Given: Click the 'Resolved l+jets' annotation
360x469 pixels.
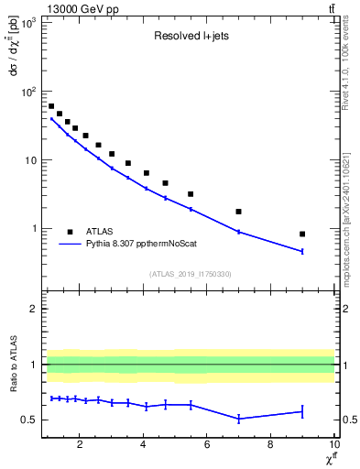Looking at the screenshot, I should point(191,38).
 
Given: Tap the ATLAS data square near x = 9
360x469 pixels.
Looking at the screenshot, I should point(302,234).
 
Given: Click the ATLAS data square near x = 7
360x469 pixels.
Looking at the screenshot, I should point(238,212).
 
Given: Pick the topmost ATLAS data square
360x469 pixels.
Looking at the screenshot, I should point(51,106).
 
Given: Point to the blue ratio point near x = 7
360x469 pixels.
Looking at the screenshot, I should point(238,419).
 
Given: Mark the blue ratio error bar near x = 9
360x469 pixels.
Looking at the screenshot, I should point(302,411).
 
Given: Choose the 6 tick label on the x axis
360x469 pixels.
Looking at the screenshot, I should point(207,446).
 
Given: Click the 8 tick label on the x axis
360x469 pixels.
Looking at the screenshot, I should point(270,446).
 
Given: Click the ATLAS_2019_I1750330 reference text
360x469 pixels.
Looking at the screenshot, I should point(191,274).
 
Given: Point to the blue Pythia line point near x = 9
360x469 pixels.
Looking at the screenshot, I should point(302,251).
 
